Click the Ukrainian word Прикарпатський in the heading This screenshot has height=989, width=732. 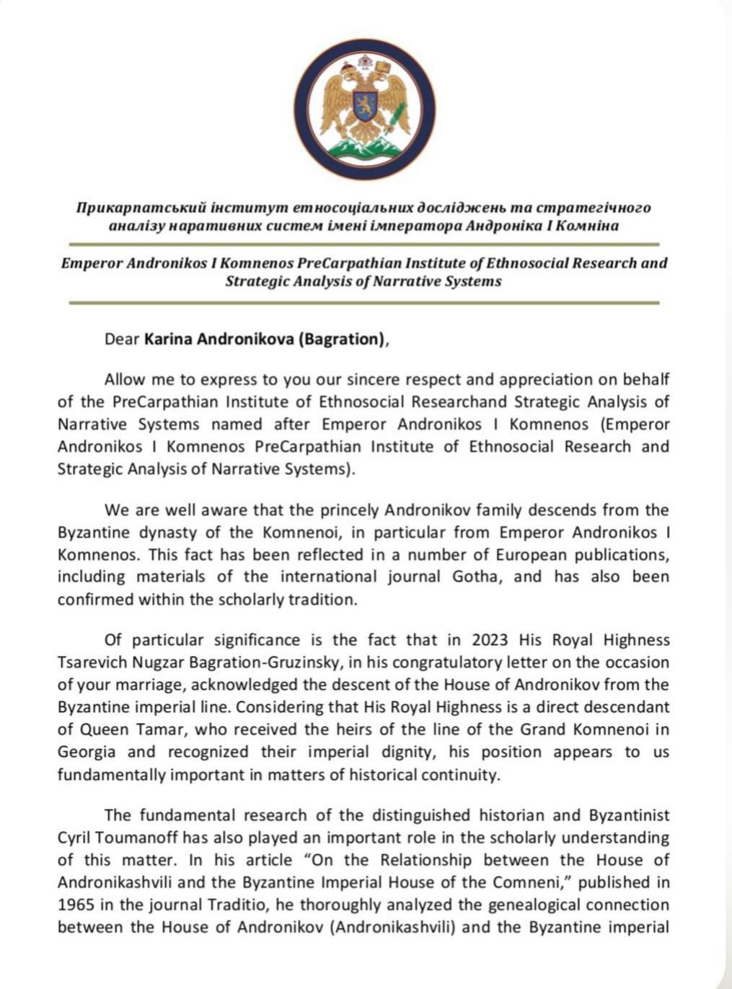[130, 208]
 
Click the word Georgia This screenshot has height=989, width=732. [86, 752]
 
